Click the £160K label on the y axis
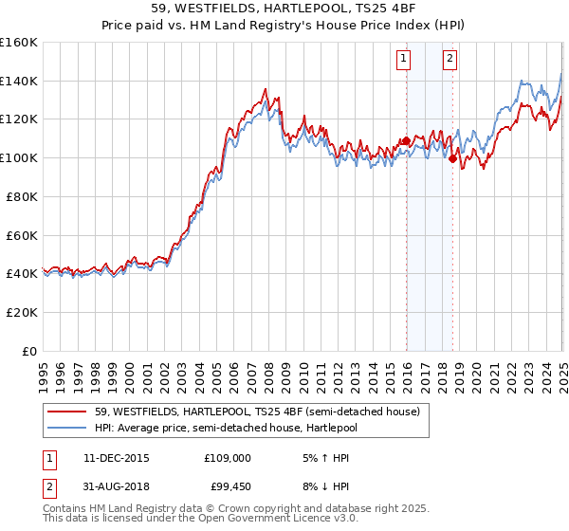click(x=19, y=43)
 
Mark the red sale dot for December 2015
click(x=406, y=141)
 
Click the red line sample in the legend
click(x=67, y=411)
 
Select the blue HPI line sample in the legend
click(x=67, y=427)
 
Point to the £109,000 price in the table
click(x=228, y=457)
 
